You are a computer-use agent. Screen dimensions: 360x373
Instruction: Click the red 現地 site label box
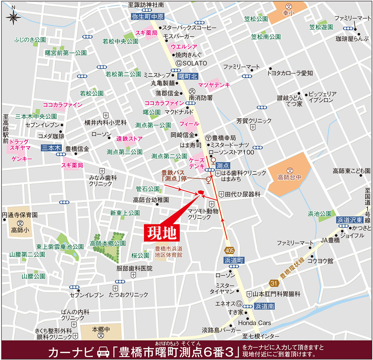(x=162, y=233)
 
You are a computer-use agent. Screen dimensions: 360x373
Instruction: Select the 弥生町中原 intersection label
(x=148, y=17)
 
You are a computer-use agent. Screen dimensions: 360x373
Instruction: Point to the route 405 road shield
(x=230, y=249)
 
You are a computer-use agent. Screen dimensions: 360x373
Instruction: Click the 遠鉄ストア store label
(x=129, y=139)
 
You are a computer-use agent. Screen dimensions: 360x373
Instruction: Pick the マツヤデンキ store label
(x=214, y=85)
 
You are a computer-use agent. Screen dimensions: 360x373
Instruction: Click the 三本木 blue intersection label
(x=51, y=148)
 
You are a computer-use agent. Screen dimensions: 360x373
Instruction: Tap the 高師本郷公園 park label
(x=108, y=243)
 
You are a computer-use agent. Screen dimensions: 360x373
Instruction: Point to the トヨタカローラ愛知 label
(x=289, y=73)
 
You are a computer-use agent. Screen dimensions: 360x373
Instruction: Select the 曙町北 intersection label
(x=188, y=76)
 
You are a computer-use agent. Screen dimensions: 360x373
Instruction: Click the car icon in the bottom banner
(x=102, y=351)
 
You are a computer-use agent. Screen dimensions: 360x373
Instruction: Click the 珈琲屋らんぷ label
(x=352, y=39)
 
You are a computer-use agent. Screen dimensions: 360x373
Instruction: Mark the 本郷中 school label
(x=100, y=330)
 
